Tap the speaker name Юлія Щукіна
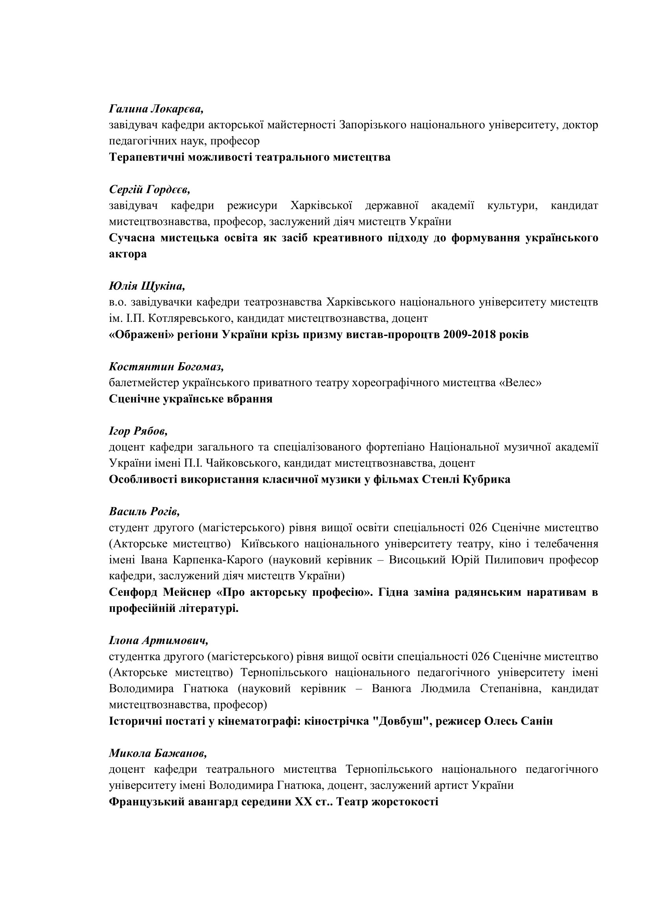click(147, 286)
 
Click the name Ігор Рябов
click(138, 431)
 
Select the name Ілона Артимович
click(158, 641)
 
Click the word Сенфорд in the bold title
click(132, 592)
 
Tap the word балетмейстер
click(144, 383)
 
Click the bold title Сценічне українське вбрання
click(191, 399)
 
